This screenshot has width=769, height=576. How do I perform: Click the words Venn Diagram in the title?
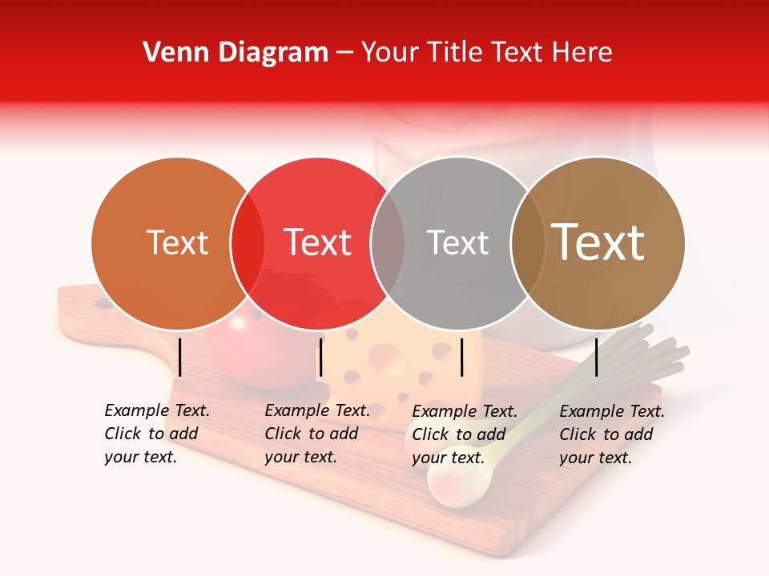click(236, 53)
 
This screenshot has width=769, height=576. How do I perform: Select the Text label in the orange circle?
click(177, 243)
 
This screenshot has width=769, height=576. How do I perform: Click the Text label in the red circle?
click(317, 243)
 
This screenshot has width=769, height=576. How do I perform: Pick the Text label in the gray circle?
click(457, 243)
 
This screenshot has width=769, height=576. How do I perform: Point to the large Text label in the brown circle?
click(598, 242)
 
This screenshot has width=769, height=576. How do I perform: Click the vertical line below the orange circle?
click(180, 357)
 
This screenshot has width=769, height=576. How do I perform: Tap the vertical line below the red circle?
click(320, 357)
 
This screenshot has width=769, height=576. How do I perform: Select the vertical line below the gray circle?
click(462, 357)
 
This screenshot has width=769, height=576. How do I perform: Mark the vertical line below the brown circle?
click(597, 357)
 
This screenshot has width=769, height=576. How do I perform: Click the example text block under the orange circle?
click(157, 434)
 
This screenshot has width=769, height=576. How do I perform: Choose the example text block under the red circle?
click(317, 434)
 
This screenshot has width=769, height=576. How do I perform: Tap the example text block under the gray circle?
click(465, 434)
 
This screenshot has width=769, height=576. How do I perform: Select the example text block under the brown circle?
click(612, 434)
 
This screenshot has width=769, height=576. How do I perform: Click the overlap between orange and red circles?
click(248, 243)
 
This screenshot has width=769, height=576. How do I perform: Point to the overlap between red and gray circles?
click(388, 243)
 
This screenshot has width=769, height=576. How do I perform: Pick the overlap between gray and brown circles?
click(528, 243)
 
